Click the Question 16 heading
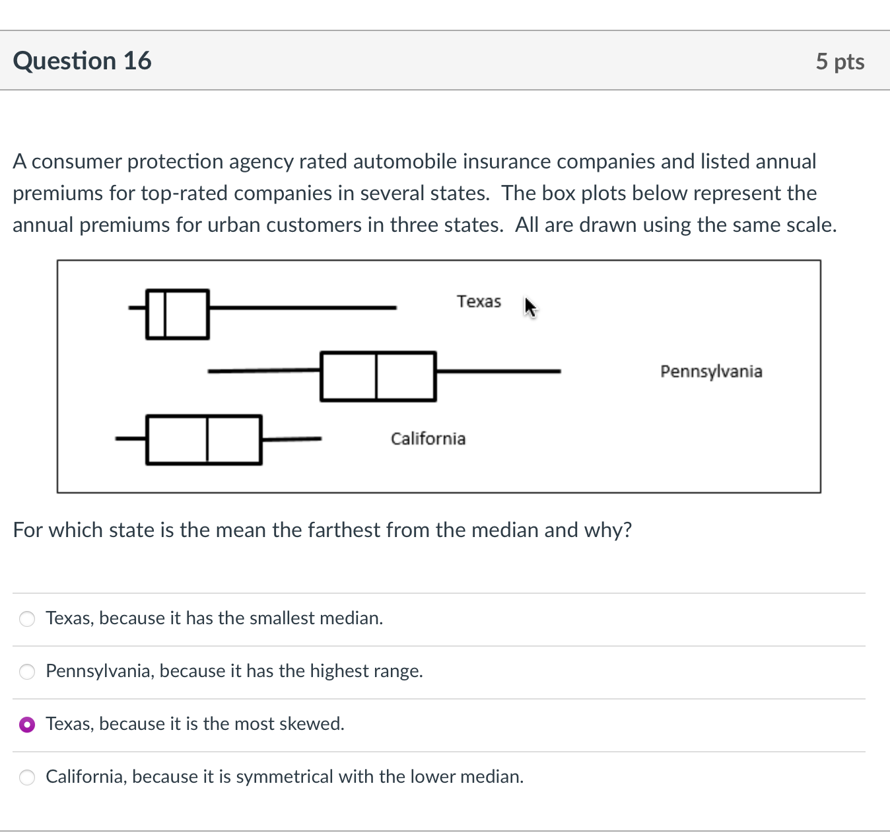(82, 61)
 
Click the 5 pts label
(839, 61)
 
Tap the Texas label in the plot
(479, 301)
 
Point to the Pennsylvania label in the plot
(711, 371)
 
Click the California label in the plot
(428, 439)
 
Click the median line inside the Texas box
(164, 314)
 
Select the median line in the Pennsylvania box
(376, 377)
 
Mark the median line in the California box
(207, 440)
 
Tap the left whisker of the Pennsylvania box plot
(264, 372)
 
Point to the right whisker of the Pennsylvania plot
(498, 372)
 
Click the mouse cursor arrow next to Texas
(530, 307)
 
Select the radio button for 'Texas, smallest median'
(27, 619)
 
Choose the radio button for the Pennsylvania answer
(27, 672)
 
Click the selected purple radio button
(27, 725)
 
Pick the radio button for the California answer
(27, 778)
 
